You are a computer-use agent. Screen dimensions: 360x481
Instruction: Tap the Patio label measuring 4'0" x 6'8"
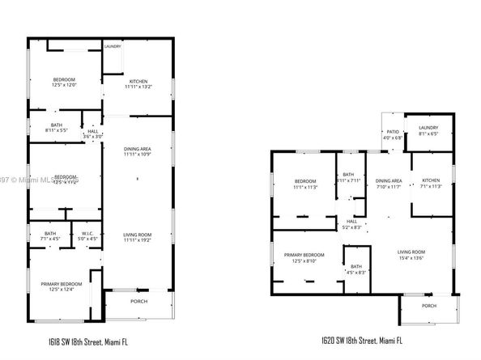click(x=393, y=134)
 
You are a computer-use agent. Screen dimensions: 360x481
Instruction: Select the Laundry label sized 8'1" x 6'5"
click(x=428, y=130)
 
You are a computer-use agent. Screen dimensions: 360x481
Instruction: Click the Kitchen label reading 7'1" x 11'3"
click(x=430, y=183)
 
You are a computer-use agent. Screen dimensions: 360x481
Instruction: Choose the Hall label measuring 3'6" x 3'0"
click(x=93, y=133)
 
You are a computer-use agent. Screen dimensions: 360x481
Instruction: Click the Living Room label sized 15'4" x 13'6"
click(x=411, y=256)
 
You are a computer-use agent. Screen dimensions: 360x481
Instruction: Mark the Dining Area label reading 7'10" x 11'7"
click(x=389, y=184)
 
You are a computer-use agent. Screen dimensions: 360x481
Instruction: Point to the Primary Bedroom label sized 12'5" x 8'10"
click(x=304, y=257)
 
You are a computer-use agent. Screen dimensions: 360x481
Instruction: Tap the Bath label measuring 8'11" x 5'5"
click(x=56, y=126)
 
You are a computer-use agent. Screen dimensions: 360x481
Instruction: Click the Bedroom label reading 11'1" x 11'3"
click(x=305, y=183)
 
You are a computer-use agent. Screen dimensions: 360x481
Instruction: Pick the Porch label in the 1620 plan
click(x=428, y=305)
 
